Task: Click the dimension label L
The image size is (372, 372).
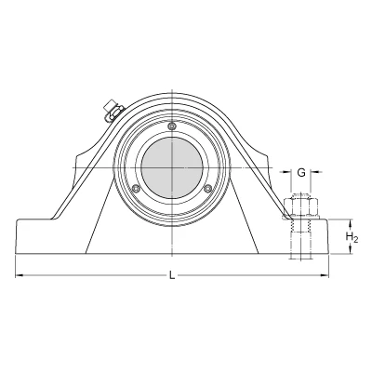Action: point(172,275)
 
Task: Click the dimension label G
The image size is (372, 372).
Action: point(301,172)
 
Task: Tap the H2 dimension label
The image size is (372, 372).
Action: point(352,238)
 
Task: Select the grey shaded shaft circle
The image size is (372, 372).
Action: point(172,167)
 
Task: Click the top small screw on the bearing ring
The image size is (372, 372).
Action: point(172,126)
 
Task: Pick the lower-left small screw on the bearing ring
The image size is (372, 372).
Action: point(136,188)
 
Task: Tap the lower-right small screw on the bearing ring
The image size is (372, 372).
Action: point(208,188)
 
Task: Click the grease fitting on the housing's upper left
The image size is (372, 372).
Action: point(113,111)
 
